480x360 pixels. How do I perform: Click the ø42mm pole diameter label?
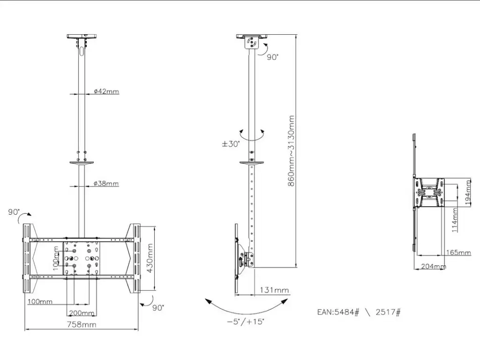click(x=106, y=91)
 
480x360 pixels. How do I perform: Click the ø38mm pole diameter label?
click(x=106, y=184)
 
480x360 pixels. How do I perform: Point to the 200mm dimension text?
click(x=82, y=313)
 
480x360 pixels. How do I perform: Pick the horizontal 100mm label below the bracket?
click(x=39, y=301)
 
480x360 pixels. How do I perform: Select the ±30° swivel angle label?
click(x=231, y=144)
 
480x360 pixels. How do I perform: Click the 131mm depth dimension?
click(x=274, y=290)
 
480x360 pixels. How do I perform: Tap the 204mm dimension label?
click(x=434, y=266)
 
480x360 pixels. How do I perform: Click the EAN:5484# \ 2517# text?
click(x=359, y=312)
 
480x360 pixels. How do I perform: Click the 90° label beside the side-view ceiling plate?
click(x=272, y=57)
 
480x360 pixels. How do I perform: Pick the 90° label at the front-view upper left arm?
click(x=14, y=212)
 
